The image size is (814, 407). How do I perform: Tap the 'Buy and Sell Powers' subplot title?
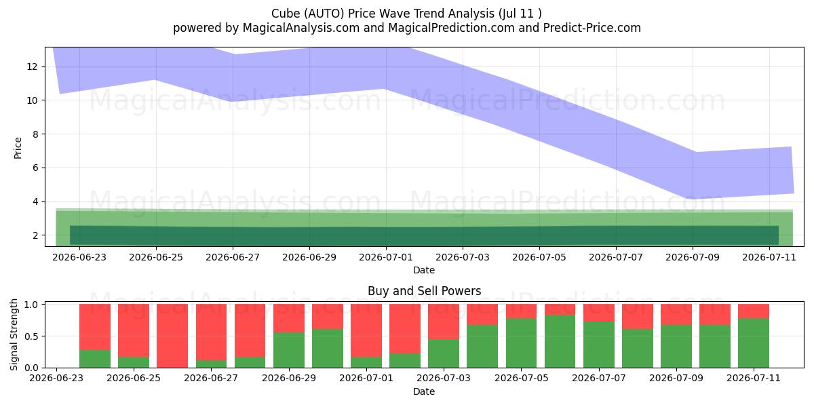[424, 291]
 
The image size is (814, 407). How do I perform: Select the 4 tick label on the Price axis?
[35, 201]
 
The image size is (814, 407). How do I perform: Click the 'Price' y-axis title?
[18, 149]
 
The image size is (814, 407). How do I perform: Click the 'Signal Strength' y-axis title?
[14, 334]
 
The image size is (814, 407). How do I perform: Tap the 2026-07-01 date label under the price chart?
[386, 257]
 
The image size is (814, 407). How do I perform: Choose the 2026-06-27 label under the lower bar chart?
[211, 378]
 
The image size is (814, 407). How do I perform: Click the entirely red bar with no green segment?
[172, 336]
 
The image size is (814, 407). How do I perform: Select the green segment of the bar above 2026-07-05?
[521, 343]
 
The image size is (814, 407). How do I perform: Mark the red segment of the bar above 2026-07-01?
[366, 330]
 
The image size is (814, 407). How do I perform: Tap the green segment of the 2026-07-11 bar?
[754, 343]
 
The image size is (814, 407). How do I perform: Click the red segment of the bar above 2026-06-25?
[134, 330]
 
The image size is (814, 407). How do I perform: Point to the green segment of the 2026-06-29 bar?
[289, 350]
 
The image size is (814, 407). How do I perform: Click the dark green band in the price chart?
[424, 235]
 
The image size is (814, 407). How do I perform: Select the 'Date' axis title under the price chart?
[424, 270]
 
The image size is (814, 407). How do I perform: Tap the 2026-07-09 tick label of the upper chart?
[693, 257]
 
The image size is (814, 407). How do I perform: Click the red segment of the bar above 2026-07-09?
[676, 314]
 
